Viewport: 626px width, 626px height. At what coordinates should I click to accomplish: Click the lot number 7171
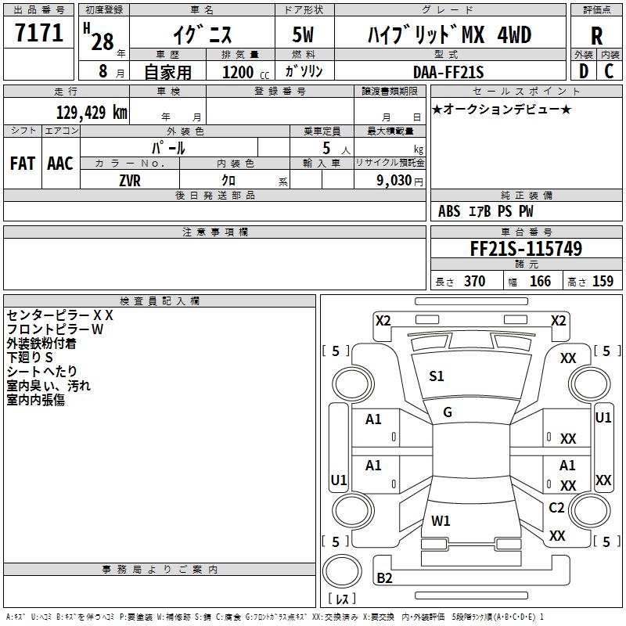(39, 34)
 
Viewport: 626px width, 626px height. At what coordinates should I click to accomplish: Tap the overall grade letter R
(597, 36)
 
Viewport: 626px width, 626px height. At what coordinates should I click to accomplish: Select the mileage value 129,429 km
(92, 112)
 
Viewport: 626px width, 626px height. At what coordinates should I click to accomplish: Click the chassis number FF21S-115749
(526, 249)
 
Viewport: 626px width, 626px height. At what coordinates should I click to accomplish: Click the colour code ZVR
(130, 180)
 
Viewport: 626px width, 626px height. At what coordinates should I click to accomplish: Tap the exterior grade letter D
(583, 71)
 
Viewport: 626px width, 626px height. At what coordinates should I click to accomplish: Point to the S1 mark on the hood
(437, 376)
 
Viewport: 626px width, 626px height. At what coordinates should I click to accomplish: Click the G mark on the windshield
(448, 412)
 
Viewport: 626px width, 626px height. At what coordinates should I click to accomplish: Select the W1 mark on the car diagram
(441, 520)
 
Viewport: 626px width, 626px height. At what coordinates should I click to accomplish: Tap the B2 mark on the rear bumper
(385, 578)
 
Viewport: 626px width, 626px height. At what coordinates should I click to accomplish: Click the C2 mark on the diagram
(556, 508)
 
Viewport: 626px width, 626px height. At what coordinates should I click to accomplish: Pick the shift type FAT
(22, 164)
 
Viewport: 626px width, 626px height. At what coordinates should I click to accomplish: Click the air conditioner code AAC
(59, 164)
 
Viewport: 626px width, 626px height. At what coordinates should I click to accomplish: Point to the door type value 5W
(304, 35)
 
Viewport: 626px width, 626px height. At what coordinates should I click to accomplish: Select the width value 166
(540, 282)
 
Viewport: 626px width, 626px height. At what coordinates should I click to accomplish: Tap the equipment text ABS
(449, 211)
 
